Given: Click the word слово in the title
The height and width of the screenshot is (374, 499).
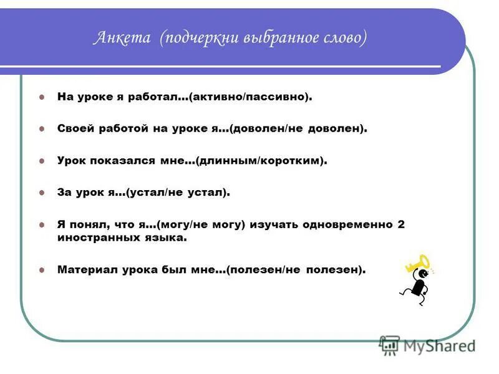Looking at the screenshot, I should pos(341,39).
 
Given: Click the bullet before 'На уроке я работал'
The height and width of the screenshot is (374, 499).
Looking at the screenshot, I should pos(42,98).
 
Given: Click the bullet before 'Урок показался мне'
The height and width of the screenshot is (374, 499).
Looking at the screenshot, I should pos(42,161).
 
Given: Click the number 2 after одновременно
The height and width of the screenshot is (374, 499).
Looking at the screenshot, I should pos(401,224).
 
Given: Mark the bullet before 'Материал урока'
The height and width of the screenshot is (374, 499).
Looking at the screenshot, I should pos(42,271).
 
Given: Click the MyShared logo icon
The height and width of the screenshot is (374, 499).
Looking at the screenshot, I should pos(389,345).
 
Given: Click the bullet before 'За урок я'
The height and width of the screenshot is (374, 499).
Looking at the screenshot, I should pos(42,193).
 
